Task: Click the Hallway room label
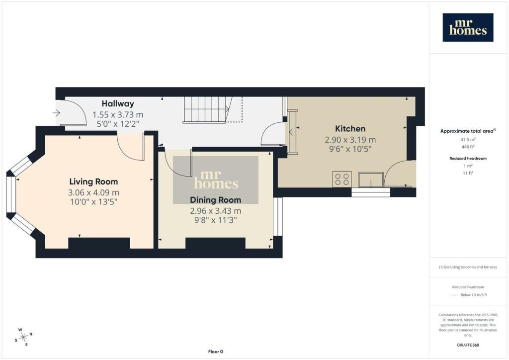point(118,103)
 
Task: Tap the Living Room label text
point(93,181)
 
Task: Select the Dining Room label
point(216,199)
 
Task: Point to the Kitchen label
point(350,129)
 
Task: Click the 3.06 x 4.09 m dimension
point(93,192)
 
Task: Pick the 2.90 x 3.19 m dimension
point(350,140)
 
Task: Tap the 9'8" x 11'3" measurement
point(216,220)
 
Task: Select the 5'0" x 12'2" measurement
point(118,124)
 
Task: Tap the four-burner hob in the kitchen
point(342,179)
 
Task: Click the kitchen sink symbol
point(371,180)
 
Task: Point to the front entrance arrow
point(56,113)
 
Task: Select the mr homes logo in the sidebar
point(468,27)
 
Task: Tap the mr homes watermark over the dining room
point(216,180)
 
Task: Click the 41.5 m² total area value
point(468,140)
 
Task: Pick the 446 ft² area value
point(468,147)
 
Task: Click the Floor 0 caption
point(216,352)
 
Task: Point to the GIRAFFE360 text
point(468,345)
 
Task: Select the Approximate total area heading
point(468,131)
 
